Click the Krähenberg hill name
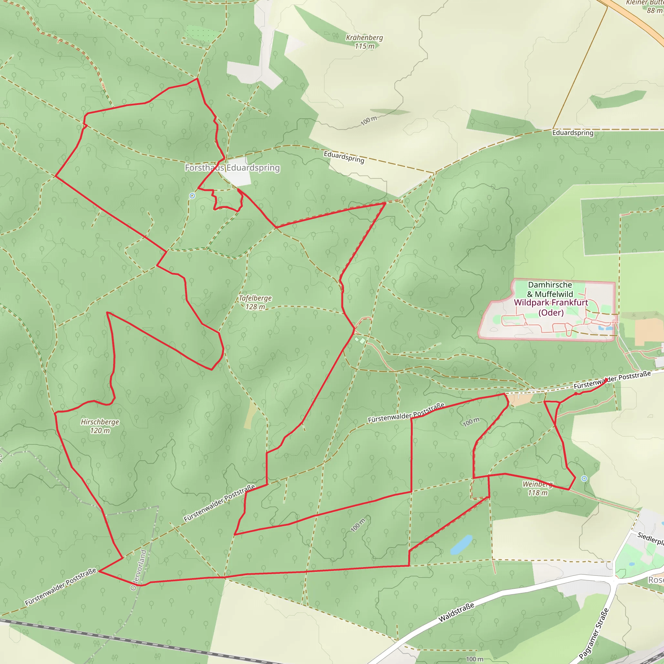(364, 38)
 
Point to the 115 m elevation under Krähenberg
(364, 46)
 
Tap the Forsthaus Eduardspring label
(232, 168)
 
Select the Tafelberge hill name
(255, 298)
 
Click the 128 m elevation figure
(255, 307)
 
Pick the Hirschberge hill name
(100, 422)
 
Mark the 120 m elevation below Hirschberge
(100, 431)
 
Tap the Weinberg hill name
(538, 484)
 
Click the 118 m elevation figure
(538, 493)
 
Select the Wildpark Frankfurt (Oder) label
(551, 307)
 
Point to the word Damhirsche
(550, 285)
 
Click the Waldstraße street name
(456, 612)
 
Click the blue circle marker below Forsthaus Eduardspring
(193, 196)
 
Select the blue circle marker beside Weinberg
(584, 479)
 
